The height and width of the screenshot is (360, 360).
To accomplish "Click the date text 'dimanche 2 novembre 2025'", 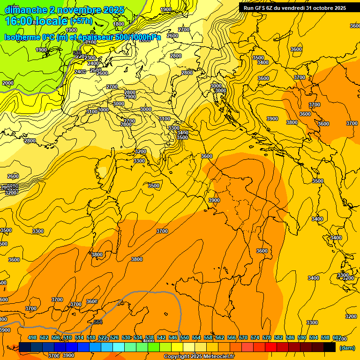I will click(x=65, y=10).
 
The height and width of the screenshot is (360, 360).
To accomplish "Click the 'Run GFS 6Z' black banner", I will click(x=295, y=8).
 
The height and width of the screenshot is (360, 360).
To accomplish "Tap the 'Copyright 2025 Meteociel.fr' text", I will click(x=199, y=356).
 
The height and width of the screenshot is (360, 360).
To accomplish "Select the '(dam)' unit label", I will click(x=346, y=347).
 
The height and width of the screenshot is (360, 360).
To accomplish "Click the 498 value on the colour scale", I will click(x=32, y=337).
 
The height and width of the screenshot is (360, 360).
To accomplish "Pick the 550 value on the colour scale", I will click(x=185, y=337).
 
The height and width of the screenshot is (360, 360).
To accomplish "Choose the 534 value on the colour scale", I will click(x=138, y=337).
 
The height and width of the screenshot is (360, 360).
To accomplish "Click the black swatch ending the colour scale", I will click(x=330, y=347).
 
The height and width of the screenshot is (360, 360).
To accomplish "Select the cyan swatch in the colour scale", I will click(x=119, y=347).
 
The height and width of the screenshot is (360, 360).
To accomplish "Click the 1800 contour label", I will click(x=119, y=24).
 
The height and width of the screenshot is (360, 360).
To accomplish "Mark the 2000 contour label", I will click(x=8, y=83).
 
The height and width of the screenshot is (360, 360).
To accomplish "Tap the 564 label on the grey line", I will click(x=97, y=322).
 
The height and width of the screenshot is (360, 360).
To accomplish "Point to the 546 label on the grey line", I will click(x=77, y=53).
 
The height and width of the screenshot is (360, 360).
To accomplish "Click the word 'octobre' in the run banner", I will click(x=319, y=8).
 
